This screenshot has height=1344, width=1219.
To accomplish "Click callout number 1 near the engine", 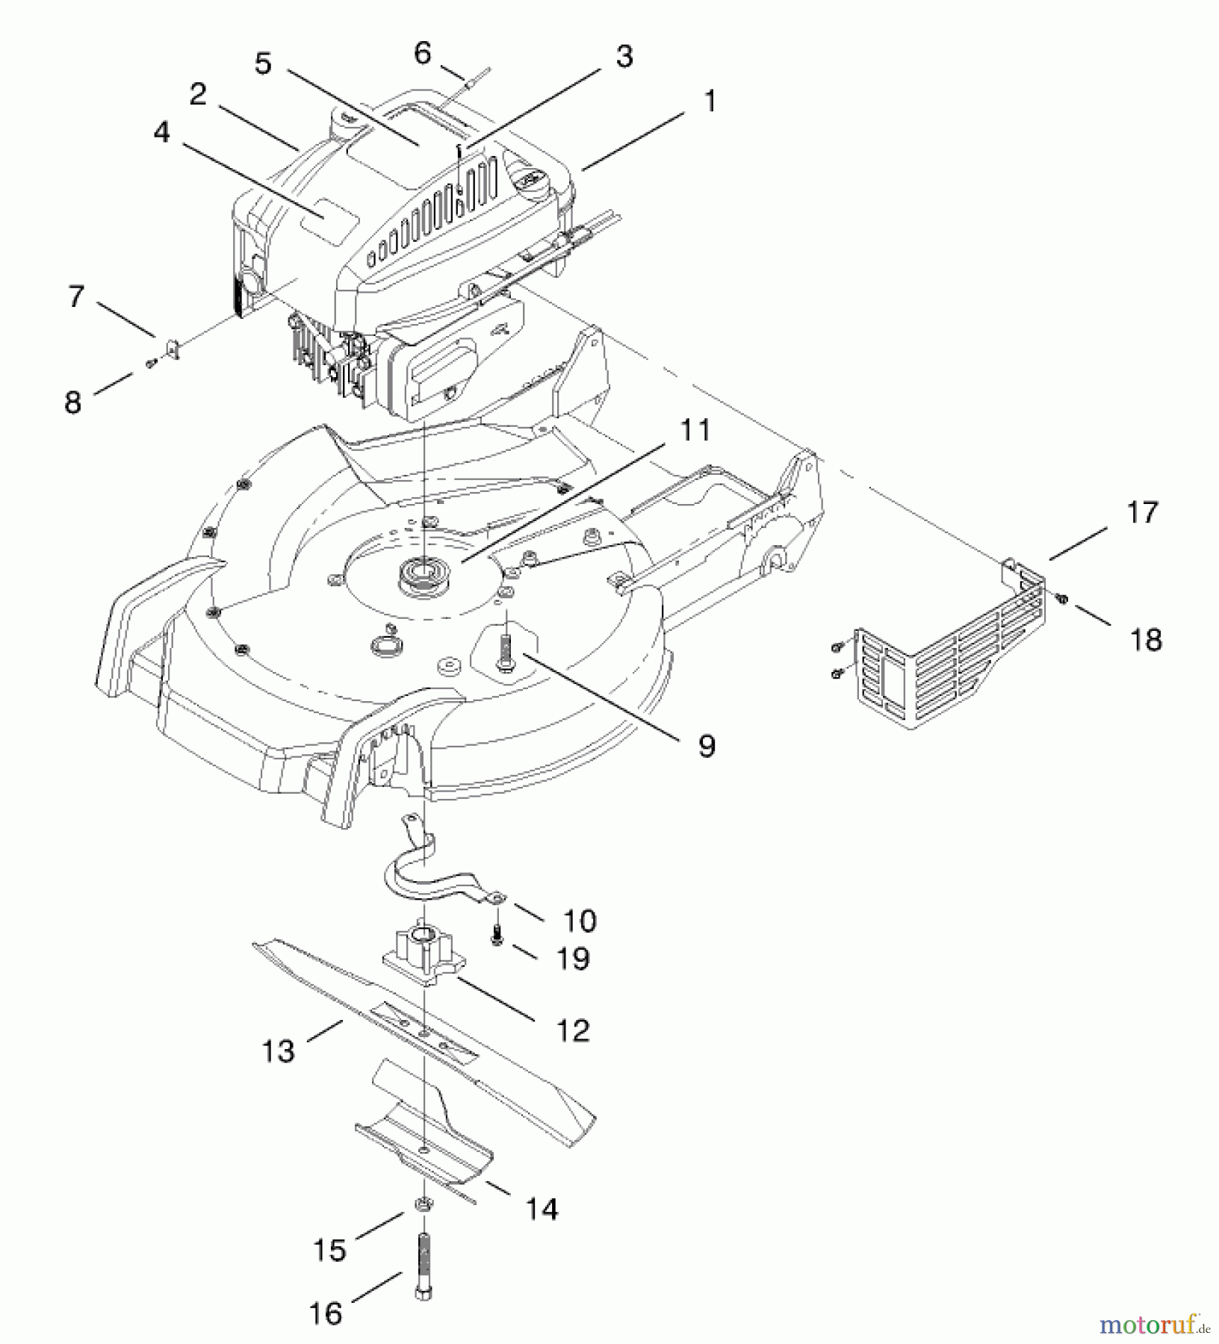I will pyautogui.click(x=710, y=102).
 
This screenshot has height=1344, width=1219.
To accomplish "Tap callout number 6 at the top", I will pyautogui.click(x=423, y=53).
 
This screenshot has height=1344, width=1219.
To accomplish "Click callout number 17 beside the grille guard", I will pyautogui.click(x=1142, y=513).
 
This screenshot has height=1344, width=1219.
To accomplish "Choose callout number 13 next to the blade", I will pyautogui.click(x=279, y=1051).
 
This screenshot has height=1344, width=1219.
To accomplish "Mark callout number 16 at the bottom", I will pyautogui.click(x=326, y=1313).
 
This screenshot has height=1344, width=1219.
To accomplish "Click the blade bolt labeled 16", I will pyautogui.click(x=424, y=1269).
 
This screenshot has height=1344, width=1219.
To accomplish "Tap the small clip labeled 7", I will pyautogui.click(x=171, y=348).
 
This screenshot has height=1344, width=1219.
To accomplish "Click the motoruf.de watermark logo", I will pyautogui.click(x=1154, y=1325).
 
